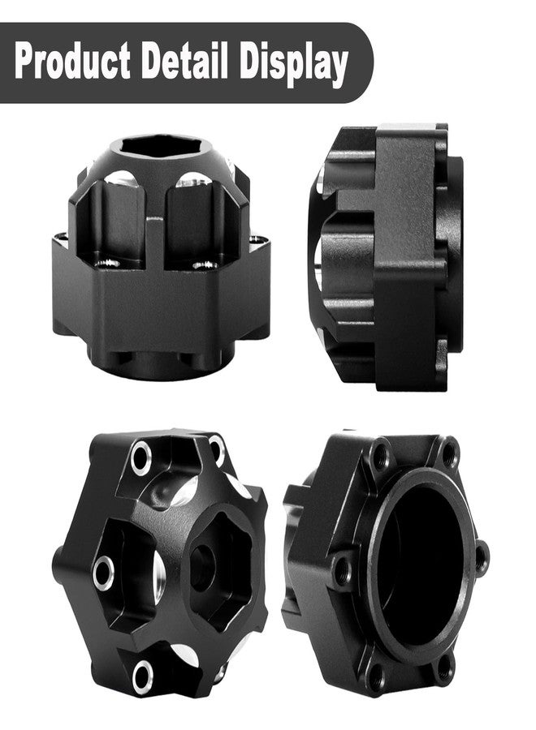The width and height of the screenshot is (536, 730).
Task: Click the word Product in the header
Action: (72, 61)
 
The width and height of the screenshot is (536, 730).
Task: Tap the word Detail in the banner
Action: (185, 60)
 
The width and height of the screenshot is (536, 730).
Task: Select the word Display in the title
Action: (294, 63)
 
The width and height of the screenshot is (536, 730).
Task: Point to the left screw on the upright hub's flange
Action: (106, 264)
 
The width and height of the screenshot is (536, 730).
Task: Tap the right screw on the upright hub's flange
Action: (205, 265)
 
